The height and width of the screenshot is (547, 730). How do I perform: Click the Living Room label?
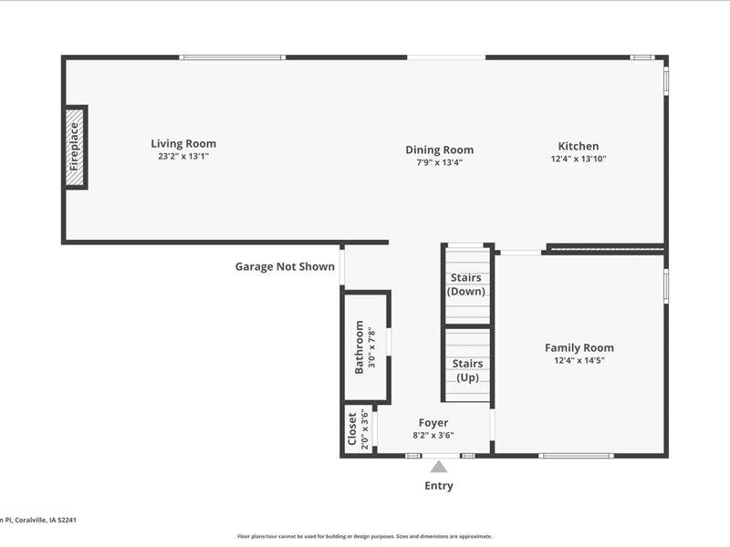pyautogui.click(x=183, y=143)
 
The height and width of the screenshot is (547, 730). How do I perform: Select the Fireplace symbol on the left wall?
pyautogui.click(x=75, y=147)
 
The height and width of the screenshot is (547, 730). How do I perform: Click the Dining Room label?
pyautogui.click(x=439, y=150)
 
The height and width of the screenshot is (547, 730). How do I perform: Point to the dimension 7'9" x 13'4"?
pyautogui.click(x=439, y=162)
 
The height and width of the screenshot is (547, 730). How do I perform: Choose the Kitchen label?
pyautogui.click(x=579, y=146)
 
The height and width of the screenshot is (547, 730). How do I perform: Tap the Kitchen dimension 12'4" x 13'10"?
pyautogui.click(x=579, y=159)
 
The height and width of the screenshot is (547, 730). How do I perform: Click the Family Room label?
pyautogui.click(x=579, y=347)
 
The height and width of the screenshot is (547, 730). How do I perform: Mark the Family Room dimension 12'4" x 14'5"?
pyautogui.click(x=579, y=360)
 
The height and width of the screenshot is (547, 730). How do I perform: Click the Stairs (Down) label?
pyautogui.click(x=466, y=284)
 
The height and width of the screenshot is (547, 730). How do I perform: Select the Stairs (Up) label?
pyautogui.click(x=468, y=370)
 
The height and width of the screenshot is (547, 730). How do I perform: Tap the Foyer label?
pyautogui.click(x=433, y=422)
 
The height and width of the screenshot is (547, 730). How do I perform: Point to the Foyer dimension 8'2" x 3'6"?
pyautogui.click(x=433, y=435)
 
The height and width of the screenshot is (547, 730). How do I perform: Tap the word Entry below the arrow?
pyautogui.click(x=439, y=486)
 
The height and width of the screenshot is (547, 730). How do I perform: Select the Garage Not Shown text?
pyautogui.click(x=285, y=267)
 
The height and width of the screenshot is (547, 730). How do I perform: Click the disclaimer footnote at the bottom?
pyautogui.click(x=365, y=536)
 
